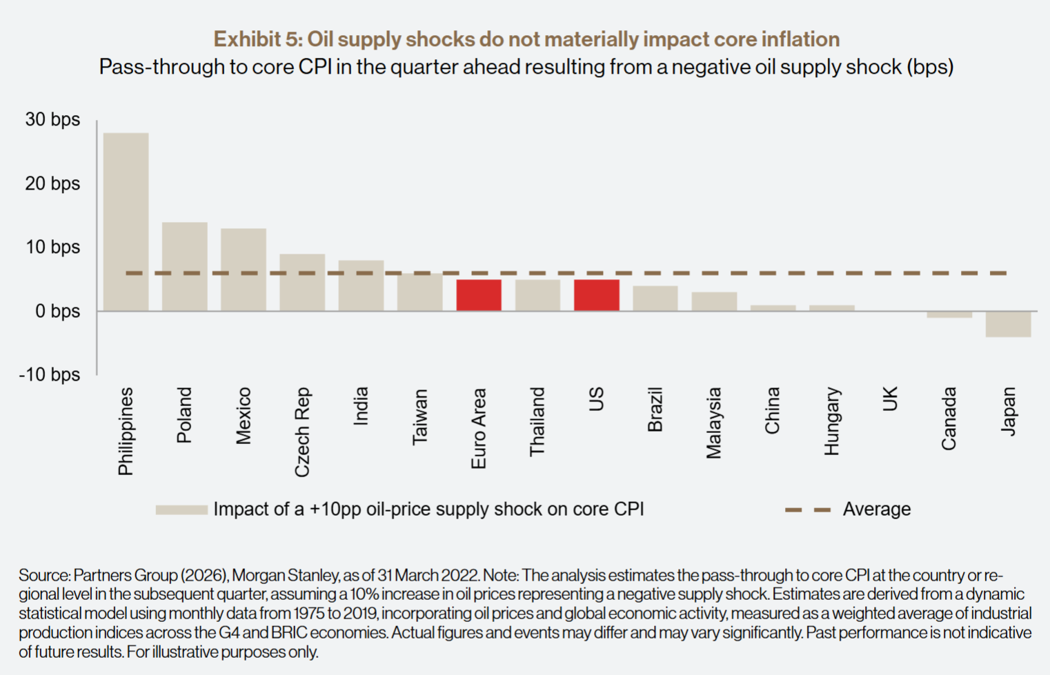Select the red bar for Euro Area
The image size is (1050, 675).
coord(479,295)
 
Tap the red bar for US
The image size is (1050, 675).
coord(597,295)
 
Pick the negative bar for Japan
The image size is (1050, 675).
coord(1008,324)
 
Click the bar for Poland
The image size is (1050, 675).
coord(184,266)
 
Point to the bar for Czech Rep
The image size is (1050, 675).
coord(302,283)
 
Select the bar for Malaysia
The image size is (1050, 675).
coord(714,301)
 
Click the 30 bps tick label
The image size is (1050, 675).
coord(52,120)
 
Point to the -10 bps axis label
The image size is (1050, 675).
coord(50,375)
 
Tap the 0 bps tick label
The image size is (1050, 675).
coord(57,312)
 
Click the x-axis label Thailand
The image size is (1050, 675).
coord(537,422)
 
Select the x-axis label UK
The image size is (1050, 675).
coord(891,399)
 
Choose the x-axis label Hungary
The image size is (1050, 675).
coord(832,421)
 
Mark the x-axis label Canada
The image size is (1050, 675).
coord(949,419)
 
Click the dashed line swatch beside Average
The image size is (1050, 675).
coord(808,510)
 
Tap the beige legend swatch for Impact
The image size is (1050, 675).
coord(181,510)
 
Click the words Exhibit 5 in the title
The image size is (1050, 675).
coord(255,39)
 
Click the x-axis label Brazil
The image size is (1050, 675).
coord(655,410)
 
